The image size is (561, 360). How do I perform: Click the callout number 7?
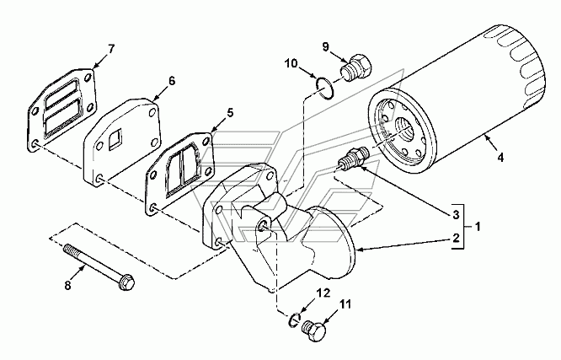point(111,49)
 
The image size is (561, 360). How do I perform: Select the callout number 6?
point(172,81)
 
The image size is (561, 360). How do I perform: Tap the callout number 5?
point(230,112)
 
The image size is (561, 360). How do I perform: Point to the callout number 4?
point(500,157)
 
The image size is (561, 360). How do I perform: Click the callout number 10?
point(291,63)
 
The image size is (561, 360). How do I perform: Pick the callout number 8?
point(67,285)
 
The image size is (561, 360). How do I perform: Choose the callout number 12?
point(323,293)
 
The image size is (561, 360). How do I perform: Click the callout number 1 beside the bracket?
point(478,227)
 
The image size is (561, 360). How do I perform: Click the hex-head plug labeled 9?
point(355,67)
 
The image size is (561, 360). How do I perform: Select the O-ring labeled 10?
point(326,89)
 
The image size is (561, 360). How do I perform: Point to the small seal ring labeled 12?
point(294,320)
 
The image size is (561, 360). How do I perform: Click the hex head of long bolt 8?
point(127,282)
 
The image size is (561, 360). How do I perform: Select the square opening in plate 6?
point(115,139)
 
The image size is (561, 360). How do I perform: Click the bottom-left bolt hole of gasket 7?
point(35,144)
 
